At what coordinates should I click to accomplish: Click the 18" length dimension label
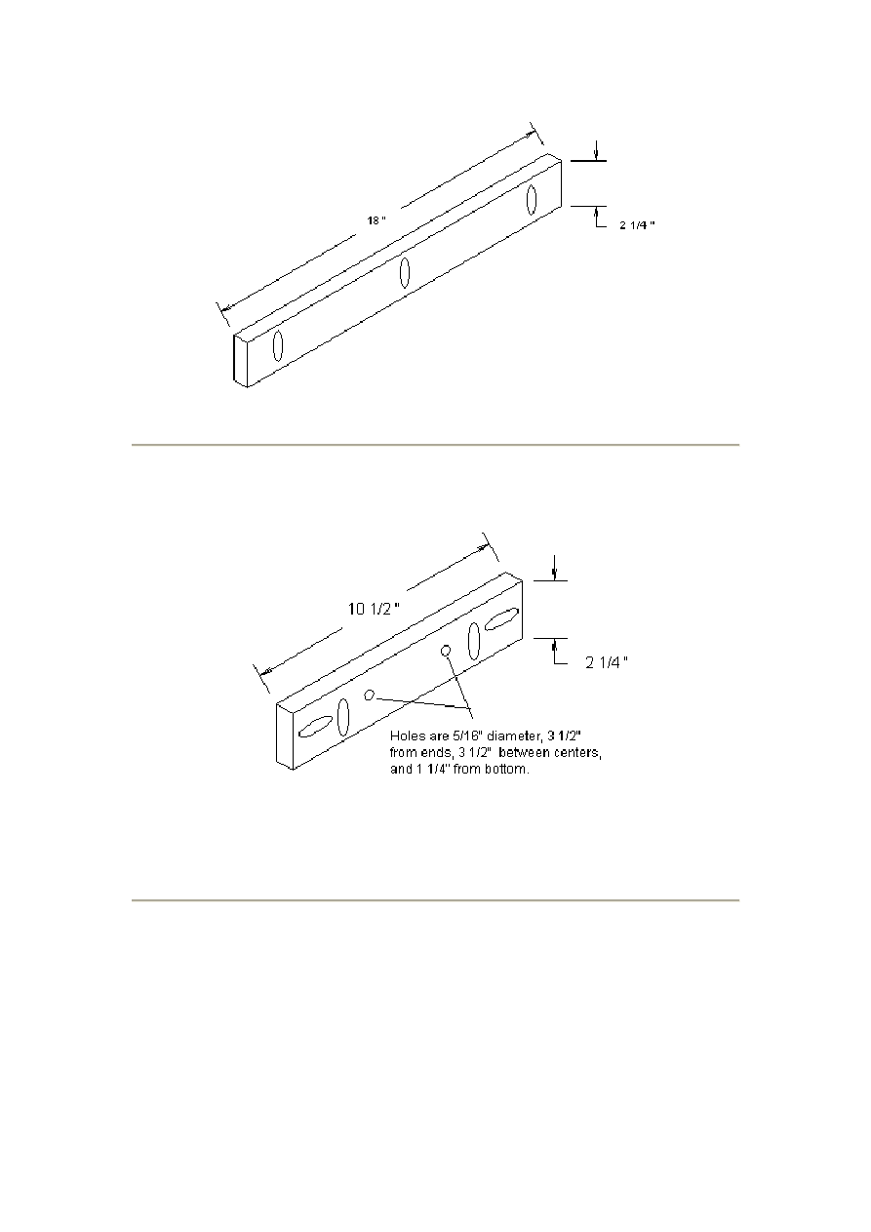[x=376, y=220]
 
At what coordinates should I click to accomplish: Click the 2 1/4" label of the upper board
[x=637, y=225]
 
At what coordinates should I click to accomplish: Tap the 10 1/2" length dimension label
[x=374, y=609]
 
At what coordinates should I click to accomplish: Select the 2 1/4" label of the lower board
[x=607, y=662]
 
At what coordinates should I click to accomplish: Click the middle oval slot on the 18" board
[x=405, y=272]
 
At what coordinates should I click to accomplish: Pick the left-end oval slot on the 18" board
[x=278, y=345]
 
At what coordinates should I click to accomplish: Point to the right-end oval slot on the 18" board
[x=532, y=200]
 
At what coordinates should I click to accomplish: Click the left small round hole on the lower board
[x=370, y=695]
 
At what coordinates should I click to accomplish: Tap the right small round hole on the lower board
[x=446, y=651]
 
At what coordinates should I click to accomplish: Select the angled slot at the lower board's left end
[x=316, y=727]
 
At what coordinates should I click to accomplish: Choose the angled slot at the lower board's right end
[x=502, y=619]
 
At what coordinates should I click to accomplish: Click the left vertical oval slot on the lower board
[x=343, y=717]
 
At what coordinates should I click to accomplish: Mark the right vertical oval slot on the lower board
[x=474, y=641]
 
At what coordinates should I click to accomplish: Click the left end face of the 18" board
[x=240, y=360]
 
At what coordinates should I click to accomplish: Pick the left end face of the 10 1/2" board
[x=284, y=735]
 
